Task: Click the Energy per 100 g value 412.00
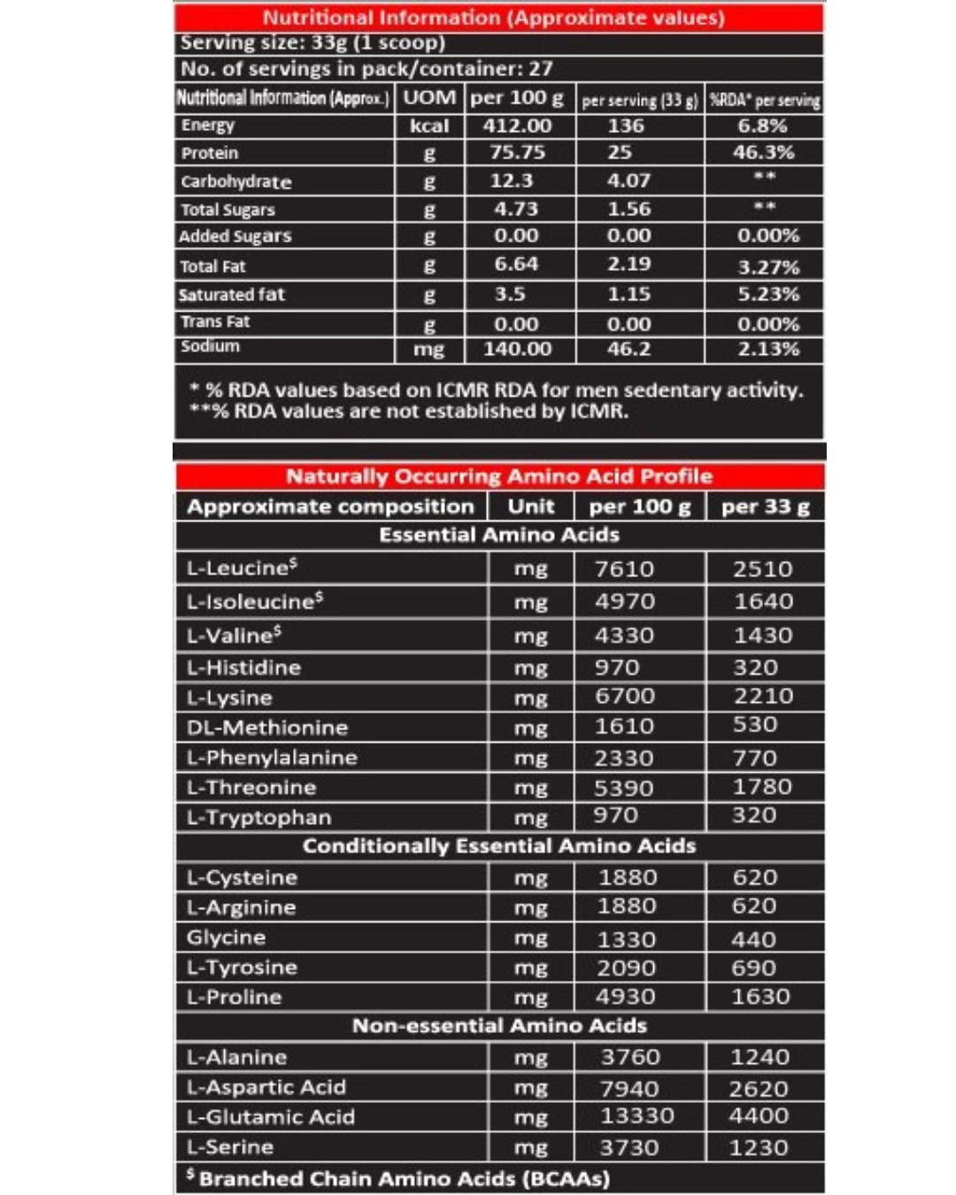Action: click(517, 126)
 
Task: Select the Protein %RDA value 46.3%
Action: click(763, 152)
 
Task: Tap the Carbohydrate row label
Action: click(235, 181)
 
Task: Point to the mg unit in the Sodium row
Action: click(429, 350)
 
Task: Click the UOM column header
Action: click(429, 97)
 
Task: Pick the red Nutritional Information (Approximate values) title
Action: click(494, 18)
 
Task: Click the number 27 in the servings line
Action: click(541, 68)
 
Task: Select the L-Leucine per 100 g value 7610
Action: click(624, 569)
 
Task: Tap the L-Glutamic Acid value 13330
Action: click(637, 1116)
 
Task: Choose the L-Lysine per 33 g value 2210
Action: click(763, 697)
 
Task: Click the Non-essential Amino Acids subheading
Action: click(499, 1026)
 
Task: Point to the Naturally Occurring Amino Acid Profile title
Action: click(499, 476)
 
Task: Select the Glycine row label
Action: click(226, 937)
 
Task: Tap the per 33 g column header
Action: click(765, 507)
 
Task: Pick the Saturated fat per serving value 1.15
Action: click(628, 294)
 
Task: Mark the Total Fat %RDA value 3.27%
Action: click(768, 266)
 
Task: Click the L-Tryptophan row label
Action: click(258, 817)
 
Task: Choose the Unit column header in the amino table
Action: click(531, 507)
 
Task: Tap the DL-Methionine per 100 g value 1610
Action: click(624, 727)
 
